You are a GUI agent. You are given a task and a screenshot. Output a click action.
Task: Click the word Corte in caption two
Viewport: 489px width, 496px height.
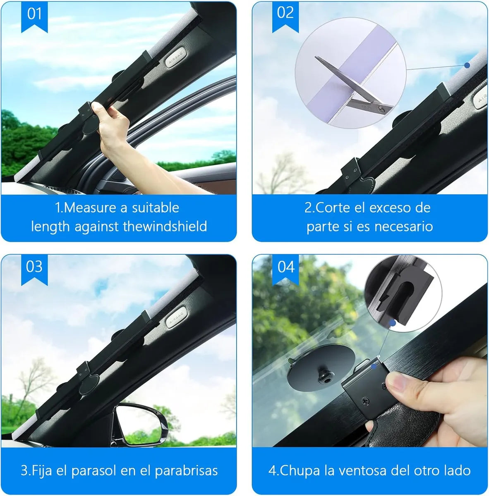tap(333, 207)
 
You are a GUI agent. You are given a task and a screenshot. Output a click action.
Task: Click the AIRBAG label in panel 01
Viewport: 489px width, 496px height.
tap(174, 60)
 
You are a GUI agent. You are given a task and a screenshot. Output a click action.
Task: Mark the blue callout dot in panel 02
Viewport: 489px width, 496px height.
tap(467, 65)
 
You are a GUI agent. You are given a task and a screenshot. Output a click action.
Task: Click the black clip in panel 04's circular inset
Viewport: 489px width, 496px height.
tap(403, 289)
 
